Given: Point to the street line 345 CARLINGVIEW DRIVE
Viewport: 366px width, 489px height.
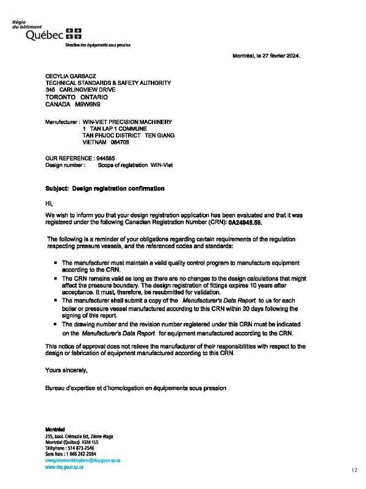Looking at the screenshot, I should pyautogui.click(x=85, y=90).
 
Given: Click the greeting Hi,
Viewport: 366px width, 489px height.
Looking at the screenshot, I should pyautogui.click(x=49, y=202).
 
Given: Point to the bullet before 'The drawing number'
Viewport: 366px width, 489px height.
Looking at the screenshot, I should pyautogui.click(x=56, y=324).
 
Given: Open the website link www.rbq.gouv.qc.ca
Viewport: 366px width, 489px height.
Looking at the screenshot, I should pyautogui.click(x=64, y=466).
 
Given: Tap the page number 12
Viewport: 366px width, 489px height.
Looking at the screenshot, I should pyautogui.click(x=354, y=471).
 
